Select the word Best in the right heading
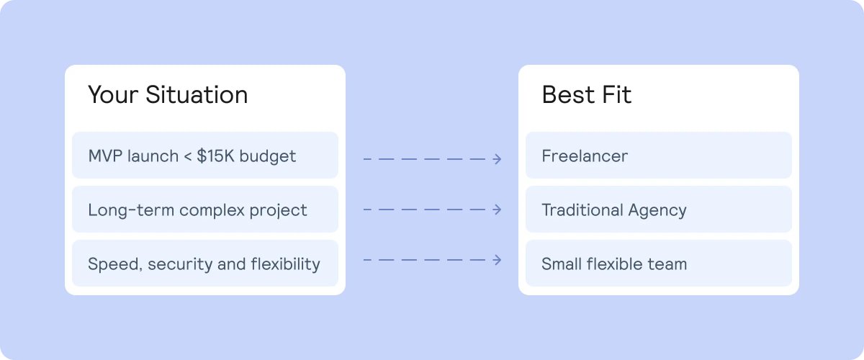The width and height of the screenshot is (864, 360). point(567,95)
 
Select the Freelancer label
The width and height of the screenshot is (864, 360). point(585,156)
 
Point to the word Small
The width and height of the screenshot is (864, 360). point(560,264)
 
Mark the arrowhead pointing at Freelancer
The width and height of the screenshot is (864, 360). point(498,159)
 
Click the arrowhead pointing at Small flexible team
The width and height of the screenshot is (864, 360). point(498,260)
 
